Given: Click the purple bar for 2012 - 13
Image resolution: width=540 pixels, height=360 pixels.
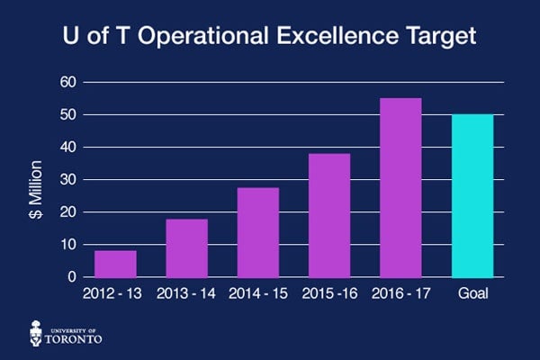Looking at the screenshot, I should [x=115, y=264].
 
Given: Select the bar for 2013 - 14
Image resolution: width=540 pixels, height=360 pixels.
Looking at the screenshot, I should [x=186, y=248].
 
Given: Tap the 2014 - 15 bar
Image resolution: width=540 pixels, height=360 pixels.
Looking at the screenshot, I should [x=257, y=232].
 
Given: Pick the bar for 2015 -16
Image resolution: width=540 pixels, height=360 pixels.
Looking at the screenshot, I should [x=328, y=215].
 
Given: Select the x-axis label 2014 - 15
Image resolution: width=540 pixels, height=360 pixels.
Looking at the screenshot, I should [x=257, y=294].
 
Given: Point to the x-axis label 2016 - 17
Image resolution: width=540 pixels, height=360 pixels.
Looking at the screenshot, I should [x=400, y=294].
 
